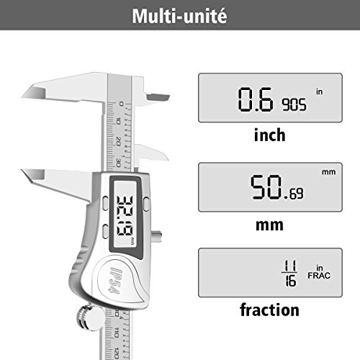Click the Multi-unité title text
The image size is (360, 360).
coord(179,16)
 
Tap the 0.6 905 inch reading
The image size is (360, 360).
coord(272,99)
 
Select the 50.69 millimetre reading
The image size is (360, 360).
coord(276,187)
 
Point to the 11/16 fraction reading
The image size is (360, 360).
coord(289,273)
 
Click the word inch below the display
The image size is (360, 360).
coord(270,135)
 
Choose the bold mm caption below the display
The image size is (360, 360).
coord(269,225)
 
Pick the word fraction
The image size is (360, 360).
coord(269,310)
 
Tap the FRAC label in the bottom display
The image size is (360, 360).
coord(319,276)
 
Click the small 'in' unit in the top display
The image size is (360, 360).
coord(319,91)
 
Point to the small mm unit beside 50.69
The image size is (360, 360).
coord(328,172)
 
